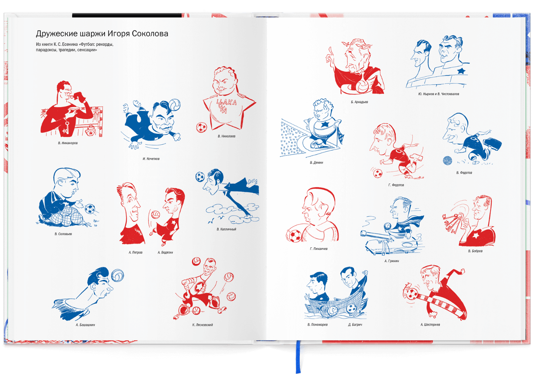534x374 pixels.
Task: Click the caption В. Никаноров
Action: [x=68, y=143]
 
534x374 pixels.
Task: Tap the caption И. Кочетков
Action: [x=151, y=159]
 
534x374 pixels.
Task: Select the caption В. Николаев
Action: [x=227, y=136]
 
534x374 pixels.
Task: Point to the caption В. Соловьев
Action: [x=63, y=234]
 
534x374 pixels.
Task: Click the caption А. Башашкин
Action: [x=85, y=325]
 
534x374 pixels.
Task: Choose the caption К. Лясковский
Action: [x=203, y=325]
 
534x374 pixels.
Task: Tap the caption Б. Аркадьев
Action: [x=359, y=102]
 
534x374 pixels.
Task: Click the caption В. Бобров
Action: [x=475, y=251]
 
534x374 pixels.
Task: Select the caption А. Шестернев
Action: [x=430, y=325]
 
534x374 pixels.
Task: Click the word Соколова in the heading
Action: [x=150, y=34]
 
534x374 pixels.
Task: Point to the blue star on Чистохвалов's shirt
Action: [x=462, y=71]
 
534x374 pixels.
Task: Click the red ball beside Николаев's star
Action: [x=202, y=127]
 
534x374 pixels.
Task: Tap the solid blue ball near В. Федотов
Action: [x=447, y=161]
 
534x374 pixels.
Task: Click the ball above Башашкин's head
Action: [x=117, y=276]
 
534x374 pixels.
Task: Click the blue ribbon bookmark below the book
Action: [x=298, y=356]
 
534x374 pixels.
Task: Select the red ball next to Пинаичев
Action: [x=294, y=236]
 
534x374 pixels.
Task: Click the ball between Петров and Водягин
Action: [x=155, y=214]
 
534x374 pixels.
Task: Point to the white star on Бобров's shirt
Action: [x=475, y=236]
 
